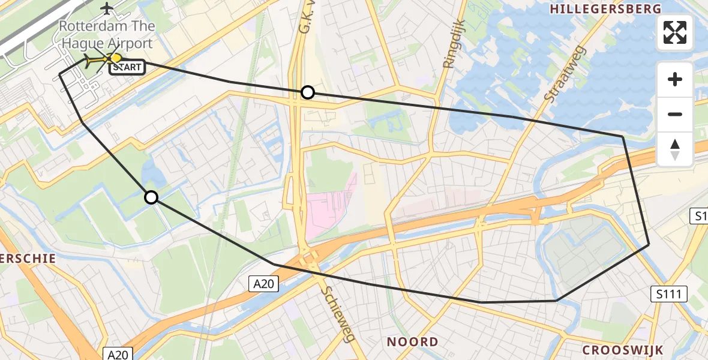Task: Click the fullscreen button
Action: click(x=675, y=32)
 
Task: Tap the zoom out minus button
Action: click(x=675, y=114)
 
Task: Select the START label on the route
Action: click(x=127, y=67)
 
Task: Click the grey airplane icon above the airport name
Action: click(x=107, y=8)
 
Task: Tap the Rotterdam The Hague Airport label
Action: click(x=107, y=35)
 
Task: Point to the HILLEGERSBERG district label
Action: click(x=605, y=9)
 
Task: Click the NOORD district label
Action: click(x=412, y=342)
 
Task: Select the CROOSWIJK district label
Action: click(x=623, y=350)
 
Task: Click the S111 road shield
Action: click(x=669, y=294)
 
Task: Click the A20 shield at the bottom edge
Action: click(x=118, y=353)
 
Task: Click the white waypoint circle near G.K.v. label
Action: click(x=307, y=92)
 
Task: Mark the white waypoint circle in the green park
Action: click(x=151, y=197)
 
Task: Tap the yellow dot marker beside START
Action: click(x=116, y=58)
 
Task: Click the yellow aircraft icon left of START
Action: click(x=95, y=60)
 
